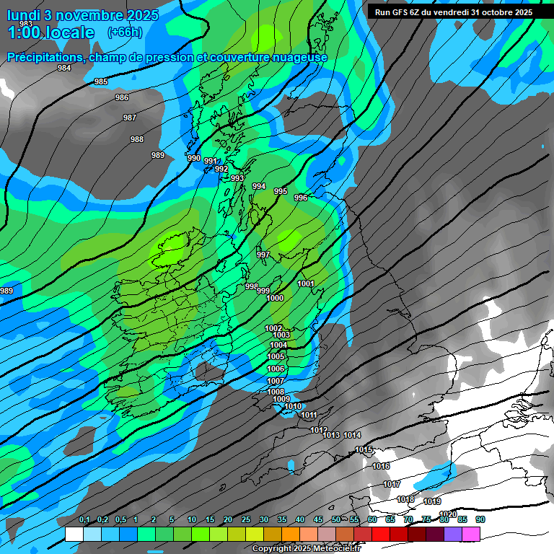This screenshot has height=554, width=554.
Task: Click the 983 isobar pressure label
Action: (x=26, y=25)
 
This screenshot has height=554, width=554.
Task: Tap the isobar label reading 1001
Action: (x=306, y=283)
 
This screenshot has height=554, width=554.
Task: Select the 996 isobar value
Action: (x=301, y=198)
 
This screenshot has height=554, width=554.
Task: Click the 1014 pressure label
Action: (x=352, y=435)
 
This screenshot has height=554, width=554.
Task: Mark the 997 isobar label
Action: (x=263, y=255)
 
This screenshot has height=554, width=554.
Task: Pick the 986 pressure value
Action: (x=122, y=97)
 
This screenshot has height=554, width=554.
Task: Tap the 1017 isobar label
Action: (x=392, y=484)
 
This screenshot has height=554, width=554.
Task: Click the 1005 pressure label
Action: (x=276, y=356)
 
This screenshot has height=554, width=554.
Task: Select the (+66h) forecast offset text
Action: (x=125, y=32)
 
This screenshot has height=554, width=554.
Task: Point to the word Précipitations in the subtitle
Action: (x=44, y=57)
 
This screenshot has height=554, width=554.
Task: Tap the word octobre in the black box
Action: (x=492, y=12)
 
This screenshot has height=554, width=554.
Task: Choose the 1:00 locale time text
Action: (x=50, y=32)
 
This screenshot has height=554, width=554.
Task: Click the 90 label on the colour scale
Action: (x=480, y=519)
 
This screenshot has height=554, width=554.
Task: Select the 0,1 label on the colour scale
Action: (x=84, y=519)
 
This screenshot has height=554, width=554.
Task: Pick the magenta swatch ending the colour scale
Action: (x=471, y=534)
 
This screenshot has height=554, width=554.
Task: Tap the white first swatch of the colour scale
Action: (x=74, y=534)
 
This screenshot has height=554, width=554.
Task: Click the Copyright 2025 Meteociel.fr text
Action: (x=306, y=548)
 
